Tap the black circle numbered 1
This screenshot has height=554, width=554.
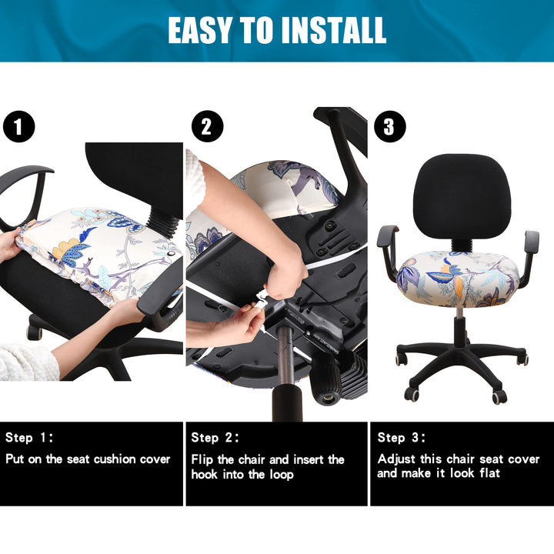[18, 126]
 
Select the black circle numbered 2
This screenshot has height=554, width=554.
[208, 126]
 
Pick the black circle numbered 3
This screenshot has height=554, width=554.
[389, 126]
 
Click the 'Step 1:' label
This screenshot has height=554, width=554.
[29, 437]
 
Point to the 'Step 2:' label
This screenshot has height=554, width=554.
[215, 437]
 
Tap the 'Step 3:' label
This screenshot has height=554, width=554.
[402, 437]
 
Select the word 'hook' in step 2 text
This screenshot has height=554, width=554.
[204, 474]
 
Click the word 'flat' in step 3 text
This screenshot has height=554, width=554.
[489, 472]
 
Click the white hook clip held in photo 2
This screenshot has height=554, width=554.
[260, 299]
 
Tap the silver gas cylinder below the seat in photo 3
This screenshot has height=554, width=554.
[459, 313]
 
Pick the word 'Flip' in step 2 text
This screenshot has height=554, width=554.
[202, 459]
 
